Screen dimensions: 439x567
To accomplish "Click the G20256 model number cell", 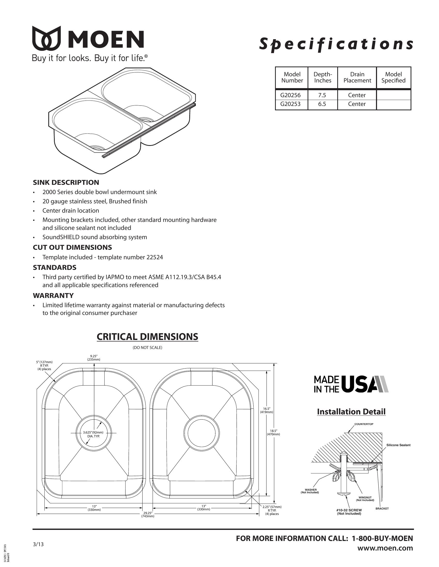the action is (x=291, y=95).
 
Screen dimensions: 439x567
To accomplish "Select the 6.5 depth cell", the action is (x=322, y=104).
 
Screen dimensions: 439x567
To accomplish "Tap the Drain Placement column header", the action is (x=357, y=77).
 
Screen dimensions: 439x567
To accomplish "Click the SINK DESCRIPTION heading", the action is (x=66, y=182).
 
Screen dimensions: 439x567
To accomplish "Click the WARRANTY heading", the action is (x=53, y=295).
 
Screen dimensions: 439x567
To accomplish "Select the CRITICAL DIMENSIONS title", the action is (x=147, y=337).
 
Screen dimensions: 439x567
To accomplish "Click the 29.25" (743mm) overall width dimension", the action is (x=148, y=515).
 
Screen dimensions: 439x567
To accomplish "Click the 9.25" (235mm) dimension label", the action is (x=94, y=358).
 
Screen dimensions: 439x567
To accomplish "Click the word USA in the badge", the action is (x=359, y=384).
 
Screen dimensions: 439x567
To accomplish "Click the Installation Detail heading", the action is (x=351, y=412).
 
